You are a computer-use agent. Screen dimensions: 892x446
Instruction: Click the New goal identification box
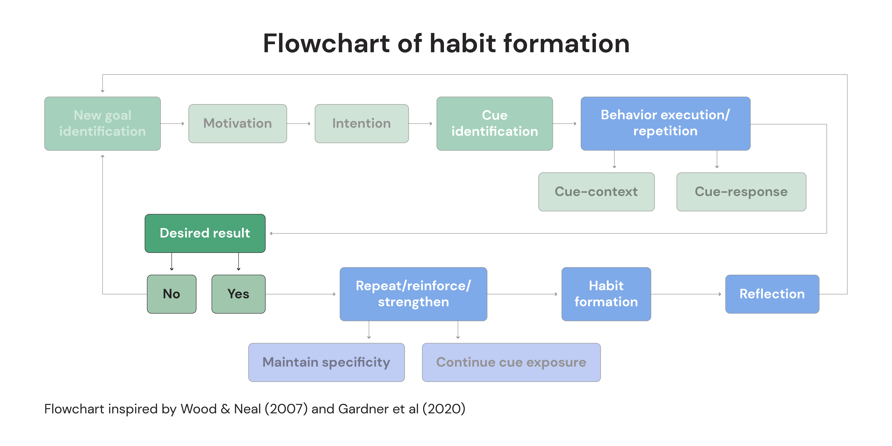click(x=103, y=124)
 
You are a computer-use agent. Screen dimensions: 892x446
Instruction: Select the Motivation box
click(x=238, y=124)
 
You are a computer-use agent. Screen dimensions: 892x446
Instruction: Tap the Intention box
click(x=362, y=124)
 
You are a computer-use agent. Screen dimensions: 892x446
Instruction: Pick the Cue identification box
click(x=494, y=124)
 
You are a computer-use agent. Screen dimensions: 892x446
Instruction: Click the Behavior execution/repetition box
click(x=666, y=124)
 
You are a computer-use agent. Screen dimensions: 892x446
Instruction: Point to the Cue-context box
click(x=596, y=192)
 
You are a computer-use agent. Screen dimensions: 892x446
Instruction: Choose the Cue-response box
click(x=741, y=192)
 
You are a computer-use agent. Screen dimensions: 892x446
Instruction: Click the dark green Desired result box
click(x=205, y=233)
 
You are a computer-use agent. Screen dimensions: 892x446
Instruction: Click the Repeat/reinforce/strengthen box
click(x=413, y=294)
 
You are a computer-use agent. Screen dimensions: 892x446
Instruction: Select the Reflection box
click(x=772, y=294)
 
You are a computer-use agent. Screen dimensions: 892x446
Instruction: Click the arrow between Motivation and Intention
click(x=299, y=124)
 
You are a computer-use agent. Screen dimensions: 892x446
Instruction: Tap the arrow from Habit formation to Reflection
click(x=686, y=294)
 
